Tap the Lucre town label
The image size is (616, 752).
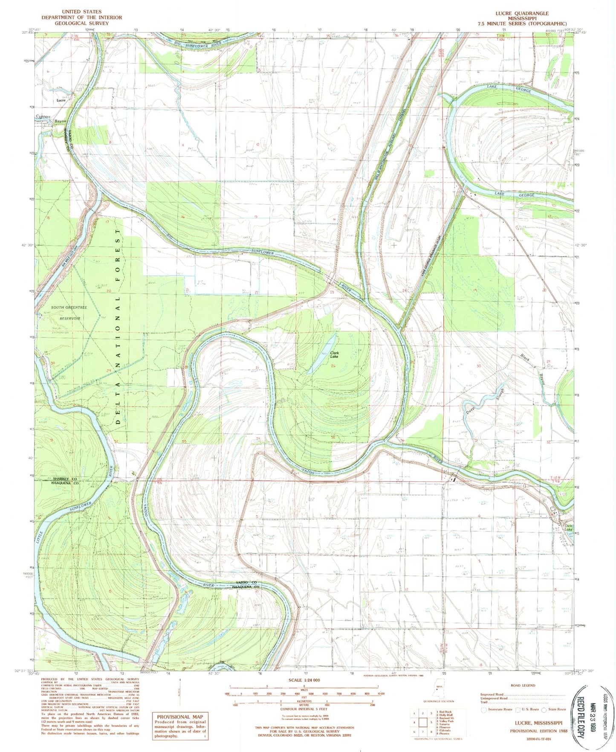[x=61, y=100]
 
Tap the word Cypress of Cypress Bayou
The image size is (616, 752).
[x=43, y=116]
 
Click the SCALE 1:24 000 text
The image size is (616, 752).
[x=304, y=680]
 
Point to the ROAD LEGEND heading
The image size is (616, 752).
[x=523, y=685]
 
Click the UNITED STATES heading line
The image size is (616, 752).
[x=81, y=12]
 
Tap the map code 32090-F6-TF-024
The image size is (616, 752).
[x=532, y=739]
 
